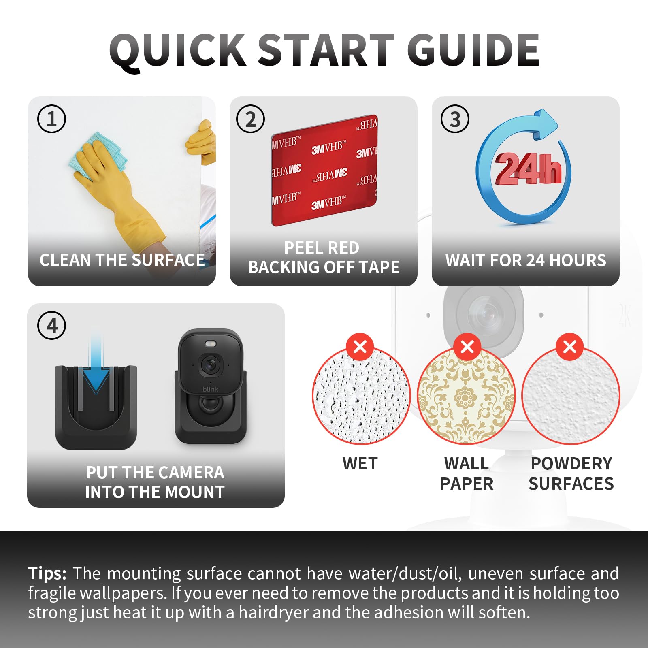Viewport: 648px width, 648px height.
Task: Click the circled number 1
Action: [x=51, y=119]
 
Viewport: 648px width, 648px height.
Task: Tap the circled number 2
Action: [x=250, y=119]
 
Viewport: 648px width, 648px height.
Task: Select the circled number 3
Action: [x=455, y=119]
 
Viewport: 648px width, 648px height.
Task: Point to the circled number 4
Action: [x=51, y=325]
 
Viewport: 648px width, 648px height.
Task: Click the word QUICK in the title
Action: [x=177, y=51]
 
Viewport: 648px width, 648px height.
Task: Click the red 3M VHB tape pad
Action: [x=324, y=170]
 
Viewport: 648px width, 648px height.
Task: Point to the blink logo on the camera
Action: [x=210, y=389]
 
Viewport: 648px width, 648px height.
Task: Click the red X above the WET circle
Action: [x=360, y=347]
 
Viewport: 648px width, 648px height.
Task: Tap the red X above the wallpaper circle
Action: [x=467, y=347]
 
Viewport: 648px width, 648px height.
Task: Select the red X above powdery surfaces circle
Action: [x=570, y=347]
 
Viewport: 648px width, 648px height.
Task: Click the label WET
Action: [x=360, y=464]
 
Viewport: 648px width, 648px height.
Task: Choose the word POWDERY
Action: [x=571, y=464]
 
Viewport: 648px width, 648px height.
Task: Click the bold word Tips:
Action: [x=47, y=574]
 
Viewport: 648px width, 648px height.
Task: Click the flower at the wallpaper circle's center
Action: [x=465, y=397]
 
